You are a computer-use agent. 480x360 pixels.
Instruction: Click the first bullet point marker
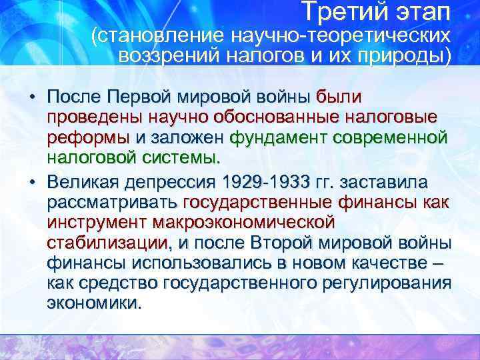click(x=32, y=98)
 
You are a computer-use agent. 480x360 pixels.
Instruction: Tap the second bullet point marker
click(x=32, y=182)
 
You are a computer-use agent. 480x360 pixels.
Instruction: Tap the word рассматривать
click(x=112, y=202)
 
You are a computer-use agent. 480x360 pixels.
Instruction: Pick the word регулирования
click(x=387, y=283)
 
